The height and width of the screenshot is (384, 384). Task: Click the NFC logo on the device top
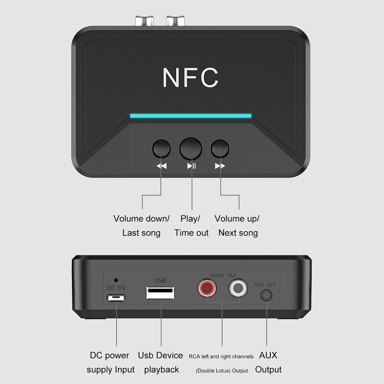tap(190, 78)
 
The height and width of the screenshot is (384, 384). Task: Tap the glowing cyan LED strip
tap(190, 116)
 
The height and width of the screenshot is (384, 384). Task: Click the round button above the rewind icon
tap(161, 149)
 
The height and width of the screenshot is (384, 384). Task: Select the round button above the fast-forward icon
tap(220, 149)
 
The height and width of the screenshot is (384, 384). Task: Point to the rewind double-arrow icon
tap(162, 166)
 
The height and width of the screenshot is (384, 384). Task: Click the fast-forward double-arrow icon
tap(220, 166)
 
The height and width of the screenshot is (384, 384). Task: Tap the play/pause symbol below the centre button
tap(192, 166)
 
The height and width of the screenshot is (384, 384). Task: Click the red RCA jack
tap(207, 288)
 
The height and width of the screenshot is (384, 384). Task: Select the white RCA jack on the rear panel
tap(238, 288)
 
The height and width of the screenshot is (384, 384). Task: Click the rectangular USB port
tap(160, 293)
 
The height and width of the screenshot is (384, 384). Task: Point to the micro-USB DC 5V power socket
tap(116, 298)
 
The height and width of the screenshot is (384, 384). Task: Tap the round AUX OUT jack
tap(266, 295)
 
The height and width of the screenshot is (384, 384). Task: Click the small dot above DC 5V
tap(116, 280)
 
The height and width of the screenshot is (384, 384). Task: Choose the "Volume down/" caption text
tap(141, 218)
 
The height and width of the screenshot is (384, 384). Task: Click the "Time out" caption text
tap(192, 233)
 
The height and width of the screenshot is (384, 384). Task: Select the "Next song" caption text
tap(238, 233)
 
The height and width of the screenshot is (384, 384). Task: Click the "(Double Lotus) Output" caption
tap(222, 371)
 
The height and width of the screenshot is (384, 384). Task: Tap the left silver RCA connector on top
tap(144, 21)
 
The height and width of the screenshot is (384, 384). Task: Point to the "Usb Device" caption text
tap(161, 355)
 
